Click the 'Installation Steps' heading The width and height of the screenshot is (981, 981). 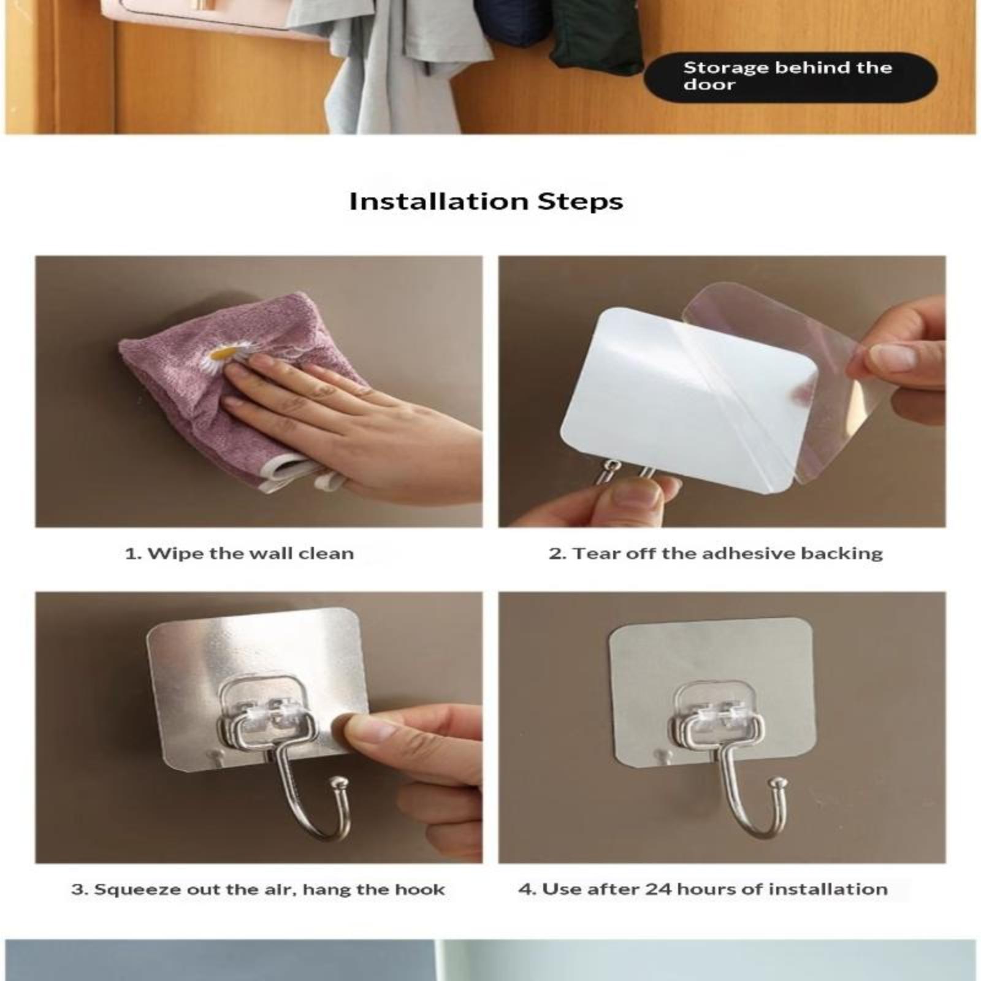coord(486,202)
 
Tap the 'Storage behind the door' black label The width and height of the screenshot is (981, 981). coord(790,77)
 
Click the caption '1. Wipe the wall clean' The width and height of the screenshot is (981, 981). coord(240,554)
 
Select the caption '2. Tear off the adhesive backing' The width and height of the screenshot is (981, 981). coord(716,554)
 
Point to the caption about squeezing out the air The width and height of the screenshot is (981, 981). coord(258,890)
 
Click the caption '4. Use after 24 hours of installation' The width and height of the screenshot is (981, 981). coord(703,889)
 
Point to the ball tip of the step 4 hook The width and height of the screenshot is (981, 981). coord(779,783)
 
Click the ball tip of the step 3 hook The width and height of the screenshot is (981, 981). coord(338,783)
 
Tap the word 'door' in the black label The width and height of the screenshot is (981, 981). coord(709,85)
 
